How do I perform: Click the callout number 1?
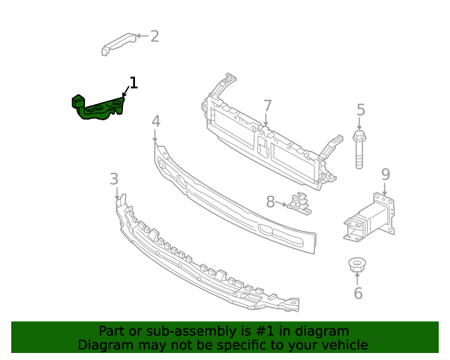click(x=133, y=84)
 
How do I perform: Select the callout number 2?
click(x=155, y=36)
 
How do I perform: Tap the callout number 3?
click(x=114, y=179)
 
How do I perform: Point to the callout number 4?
click(x=155, y=121)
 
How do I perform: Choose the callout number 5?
click(x=361, y=110)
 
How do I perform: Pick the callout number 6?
click(x=358, y=293)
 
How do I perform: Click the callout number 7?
click(x=267, y=106)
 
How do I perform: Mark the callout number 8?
click(x=270, y=202)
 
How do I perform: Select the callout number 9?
click(x=385, y=174)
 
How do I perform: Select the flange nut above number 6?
click(x=356, y=265)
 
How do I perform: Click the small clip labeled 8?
click(x=300, y=203)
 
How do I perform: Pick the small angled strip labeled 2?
click(x=117, y=42)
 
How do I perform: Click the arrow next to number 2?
click(x=141, y=36)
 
